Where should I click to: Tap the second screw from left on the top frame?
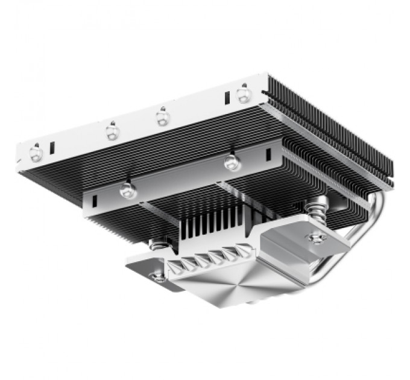pyautogui.click(x=112, y=130)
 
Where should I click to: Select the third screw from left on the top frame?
pyautogui.click(x=162, y=116)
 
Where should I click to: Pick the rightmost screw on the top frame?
pyautogui.click(x=244, y=93)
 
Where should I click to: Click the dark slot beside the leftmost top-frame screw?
pyautogui.click(x=52, y=147)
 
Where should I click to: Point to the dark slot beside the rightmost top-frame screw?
pyautogui.click(x=228, y=98)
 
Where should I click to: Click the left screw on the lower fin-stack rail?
pyautogui.click(x=126, y=191)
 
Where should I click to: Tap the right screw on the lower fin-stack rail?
pyautogui.click(x=229, y=162)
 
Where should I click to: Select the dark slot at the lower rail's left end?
pyautogui.click(x=94, y=199)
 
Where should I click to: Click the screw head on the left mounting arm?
pyautogui.click(x=158, y=277)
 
